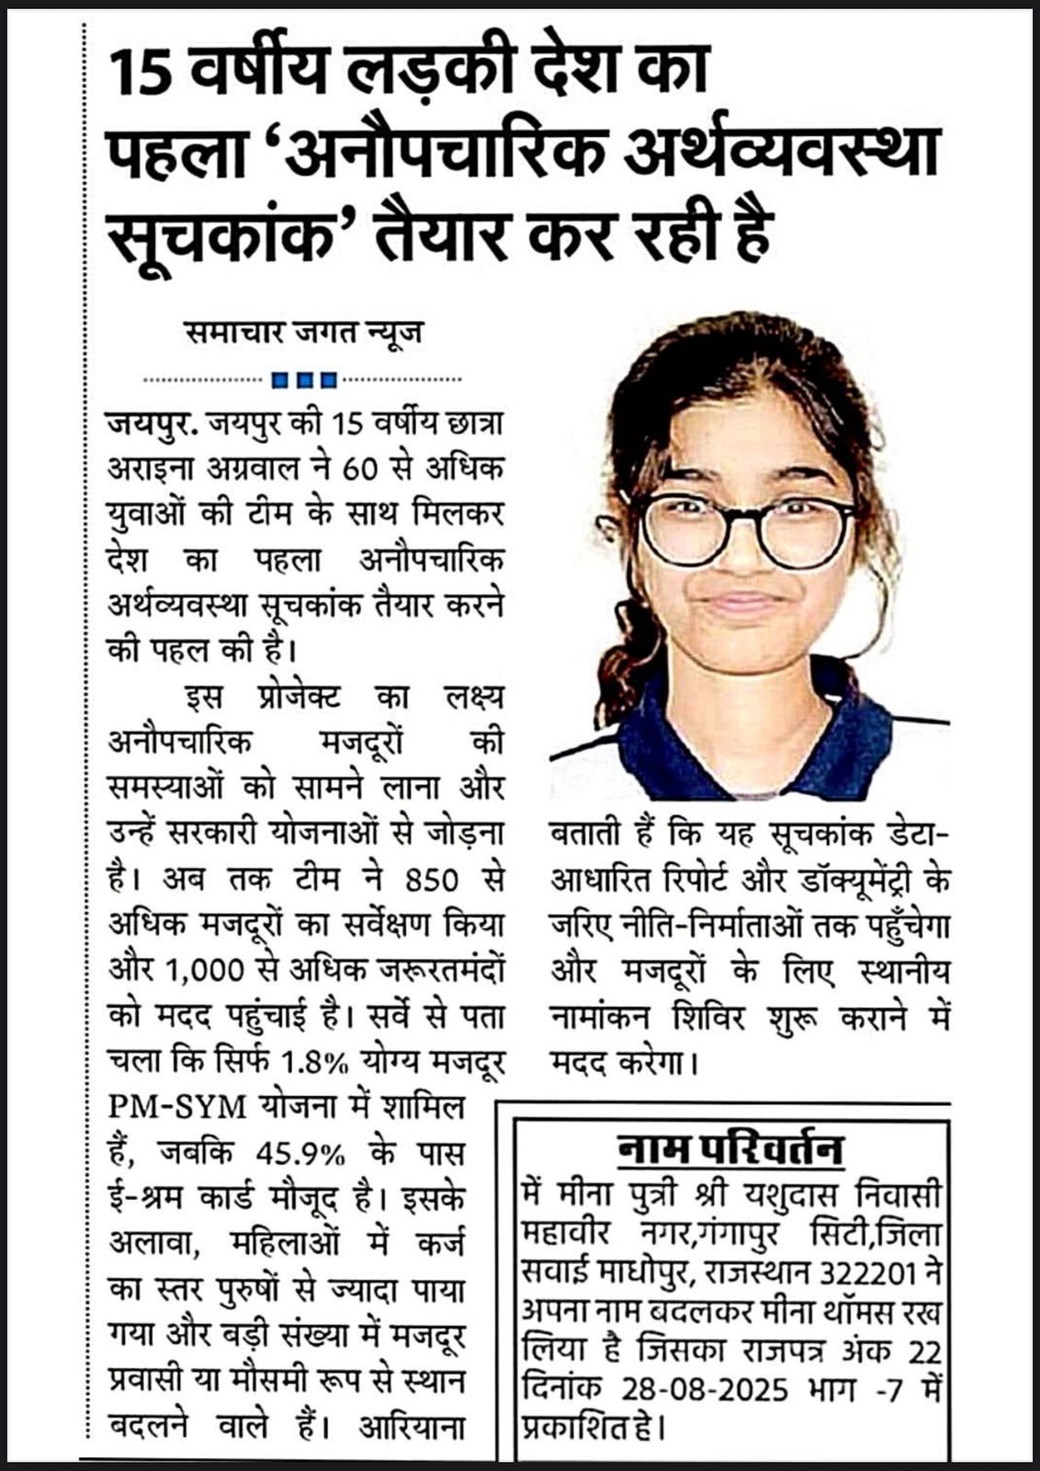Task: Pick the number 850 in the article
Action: tap(424, 880)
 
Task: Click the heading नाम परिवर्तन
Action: tap(729, 1149)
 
